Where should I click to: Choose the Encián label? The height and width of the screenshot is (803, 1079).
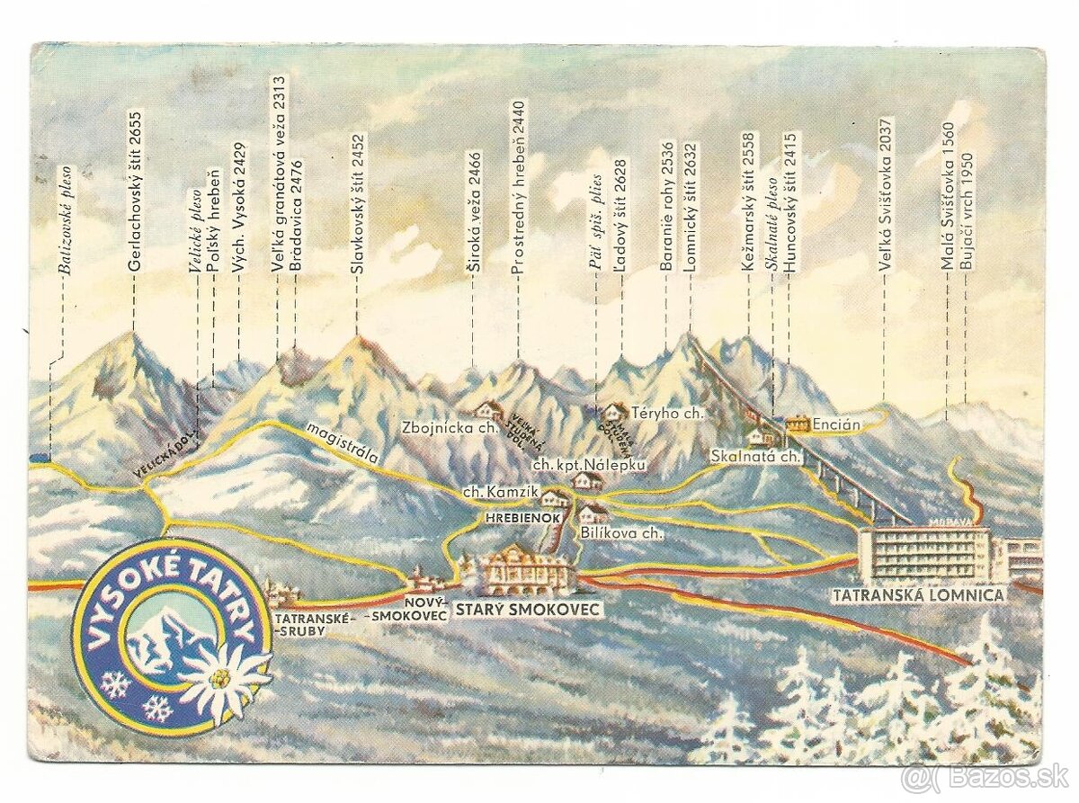836,423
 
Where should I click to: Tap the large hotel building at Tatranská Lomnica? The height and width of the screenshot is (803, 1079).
926,553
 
